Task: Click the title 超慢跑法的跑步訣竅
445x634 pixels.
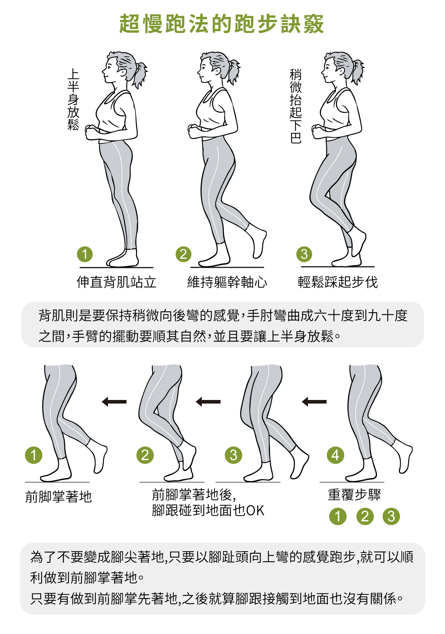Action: point(222,24)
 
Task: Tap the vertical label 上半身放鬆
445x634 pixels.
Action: point(73,100)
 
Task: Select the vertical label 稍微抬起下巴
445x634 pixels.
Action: point(295,106)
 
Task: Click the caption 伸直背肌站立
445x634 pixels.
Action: point(117,282)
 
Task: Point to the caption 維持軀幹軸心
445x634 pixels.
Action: point(227,282)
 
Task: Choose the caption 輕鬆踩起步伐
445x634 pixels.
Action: point(338,282)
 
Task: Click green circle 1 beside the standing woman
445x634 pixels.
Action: point(85,254)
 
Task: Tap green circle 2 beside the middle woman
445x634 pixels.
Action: point(184,254)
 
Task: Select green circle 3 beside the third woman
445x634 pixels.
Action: point(304,254)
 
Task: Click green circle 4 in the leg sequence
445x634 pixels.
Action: point(335,455)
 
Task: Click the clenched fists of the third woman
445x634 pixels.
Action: point(318,131)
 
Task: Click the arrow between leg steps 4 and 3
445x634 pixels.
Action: point(314,402)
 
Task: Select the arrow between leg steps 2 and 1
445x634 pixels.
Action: point(114,402)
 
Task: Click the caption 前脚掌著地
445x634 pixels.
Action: point(58,497)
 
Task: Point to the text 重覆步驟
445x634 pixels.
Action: point(354,495)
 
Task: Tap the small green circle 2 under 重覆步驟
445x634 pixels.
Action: point(365,516)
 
